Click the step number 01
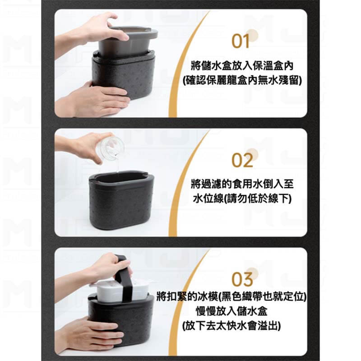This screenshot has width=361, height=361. pyautogui.click(x=241, y=41)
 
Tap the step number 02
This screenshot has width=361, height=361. pyautogui.click(x=242, y=160)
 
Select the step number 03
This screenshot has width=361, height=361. pyautogui.click(x=242, y=279)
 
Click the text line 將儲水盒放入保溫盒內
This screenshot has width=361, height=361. pyautogui.click(x=242, y=65)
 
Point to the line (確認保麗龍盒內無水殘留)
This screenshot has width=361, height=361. pyautogui.click(x=242, y=80)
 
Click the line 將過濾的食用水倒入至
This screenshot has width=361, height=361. pyautogui.click(x=242, y=184)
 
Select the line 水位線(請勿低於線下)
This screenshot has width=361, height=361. pyautogui.click(x=242, y=199)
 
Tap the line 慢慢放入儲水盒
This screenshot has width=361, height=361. pyautogui.click(x=231, y=311)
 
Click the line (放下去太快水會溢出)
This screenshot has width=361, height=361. pyautogui.click(x=231, y=326)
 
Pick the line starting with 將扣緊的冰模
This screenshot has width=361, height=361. pyautogui.click(x=231, y=296)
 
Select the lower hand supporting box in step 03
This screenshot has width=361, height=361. pyautogui.click(x=90, y=334)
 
